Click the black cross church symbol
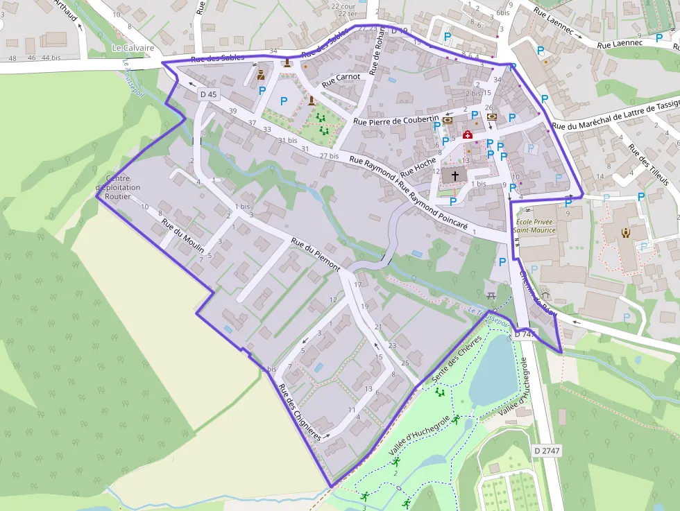[455, 176]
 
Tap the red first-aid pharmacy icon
[468, 135]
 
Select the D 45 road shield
[208, 94]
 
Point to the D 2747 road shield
[547, 451]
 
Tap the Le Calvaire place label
[132, 48]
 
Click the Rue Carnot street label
[341, 80]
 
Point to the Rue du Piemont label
[316, 254]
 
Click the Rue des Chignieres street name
[299, 413]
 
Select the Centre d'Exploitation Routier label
[117, 187]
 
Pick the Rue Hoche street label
[418, 166]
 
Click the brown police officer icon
[261, 75]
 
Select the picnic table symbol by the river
[491, 296]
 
